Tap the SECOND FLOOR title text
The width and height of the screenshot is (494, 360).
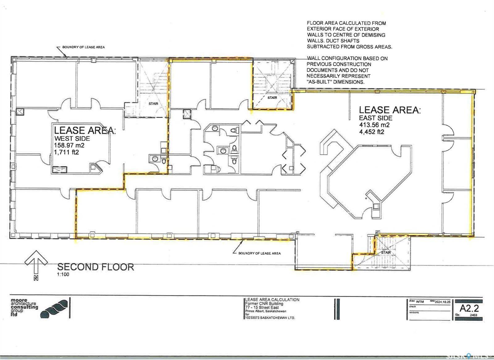click(x=96, y=267)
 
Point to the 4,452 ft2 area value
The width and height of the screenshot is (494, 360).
click(x=371, y=131)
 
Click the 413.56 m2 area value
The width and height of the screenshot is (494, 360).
click(x=374, y=125)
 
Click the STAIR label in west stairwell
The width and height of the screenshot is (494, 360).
click(x=153, y=104)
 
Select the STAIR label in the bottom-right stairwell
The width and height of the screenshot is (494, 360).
click(x=386, y=252)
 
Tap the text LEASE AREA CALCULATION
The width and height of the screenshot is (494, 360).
click(x=272, y=300)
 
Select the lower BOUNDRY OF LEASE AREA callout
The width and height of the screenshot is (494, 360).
click(x=259, y=253)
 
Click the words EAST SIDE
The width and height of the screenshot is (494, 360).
click(x=375, y=118)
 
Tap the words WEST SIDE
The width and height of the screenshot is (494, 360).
click(x=72, y=138)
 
